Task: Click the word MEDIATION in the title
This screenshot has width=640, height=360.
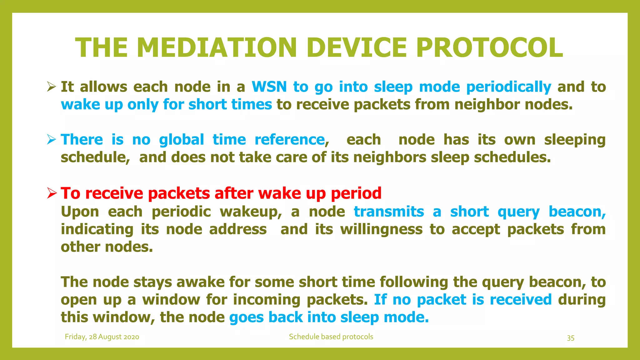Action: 217,47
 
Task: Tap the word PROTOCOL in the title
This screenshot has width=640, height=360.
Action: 489,47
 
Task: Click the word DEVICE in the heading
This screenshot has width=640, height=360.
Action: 357,47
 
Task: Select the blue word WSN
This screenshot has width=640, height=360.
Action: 269,87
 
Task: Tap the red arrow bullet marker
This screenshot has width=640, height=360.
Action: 52,193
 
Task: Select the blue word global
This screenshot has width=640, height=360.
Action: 181,140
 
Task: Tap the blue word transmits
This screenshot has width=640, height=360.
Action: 388,212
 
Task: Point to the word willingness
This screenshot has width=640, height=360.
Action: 381,230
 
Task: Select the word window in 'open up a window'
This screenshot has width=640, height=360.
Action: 171,300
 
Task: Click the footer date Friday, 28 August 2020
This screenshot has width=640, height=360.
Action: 102,337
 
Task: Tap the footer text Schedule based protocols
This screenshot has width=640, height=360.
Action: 331,337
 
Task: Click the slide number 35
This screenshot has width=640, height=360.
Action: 570,338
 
